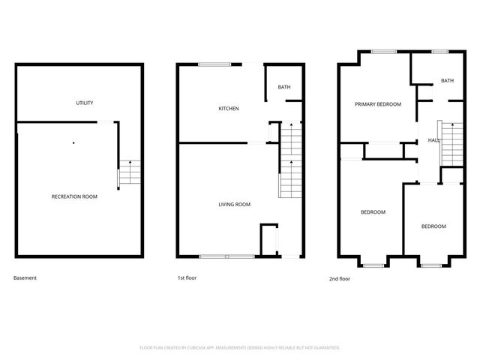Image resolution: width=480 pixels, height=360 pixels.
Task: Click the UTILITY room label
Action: pyautogui.click(x=84, y=103)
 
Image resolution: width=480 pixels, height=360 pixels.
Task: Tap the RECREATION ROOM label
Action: pyautogui.click(x=74, y=196)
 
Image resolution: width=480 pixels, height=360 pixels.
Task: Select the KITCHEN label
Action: pyautogui.click(x=229, y=109)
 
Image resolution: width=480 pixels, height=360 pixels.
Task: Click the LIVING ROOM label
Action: pyautogui.click(x=234, y=204)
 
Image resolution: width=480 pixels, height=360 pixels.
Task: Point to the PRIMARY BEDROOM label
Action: pyautogui.click(x=378, y=104)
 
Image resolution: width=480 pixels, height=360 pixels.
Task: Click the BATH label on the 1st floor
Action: pyautogui.click(x=284, y=88)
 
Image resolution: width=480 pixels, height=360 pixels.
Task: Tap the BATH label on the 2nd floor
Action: pyautogui.click(x=447, y=81)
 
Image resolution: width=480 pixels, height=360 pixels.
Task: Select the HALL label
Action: pyautogui.click(x=433, y=140)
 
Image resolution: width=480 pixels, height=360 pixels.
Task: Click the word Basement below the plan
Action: pyautogui.click(x=25, y=278)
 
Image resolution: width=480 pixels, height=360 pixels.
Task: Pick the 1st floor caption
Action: pyautogui.click(x=187, y=278)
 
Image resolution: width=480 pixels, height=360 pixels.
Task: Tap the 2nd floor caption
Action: pyautogui.click(x=340, y=278)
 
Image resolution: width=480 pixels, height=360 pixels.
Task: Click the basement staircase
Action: pyautogui.click(x=130, y=172)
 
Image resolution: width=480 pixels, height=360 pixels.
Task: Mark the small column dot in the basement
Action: pyautogui.click(x=73, y=142)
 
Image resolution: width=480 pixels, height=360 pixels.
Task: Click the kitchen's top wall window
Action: pyautogui.click(x=214, y=64)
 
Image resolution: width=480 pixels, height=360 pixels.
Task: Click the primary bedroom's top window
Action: pyautogui.click(x=384, y=52)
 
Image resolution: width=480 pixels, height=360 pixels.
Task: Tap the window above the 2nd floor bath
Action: pyautogui.click(x=440, y=52)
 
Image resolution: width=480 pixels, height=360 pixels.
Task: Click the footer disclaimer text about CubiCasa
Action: pyautogui.click(x=240, y=347)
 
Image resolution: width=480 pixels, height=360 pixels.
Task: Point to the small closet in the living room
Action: pyautogui.click(x=268, y=239)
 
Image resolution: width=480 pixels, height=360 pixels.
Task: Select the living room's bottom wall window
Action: pyautogui.click(x=226, y=256)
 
